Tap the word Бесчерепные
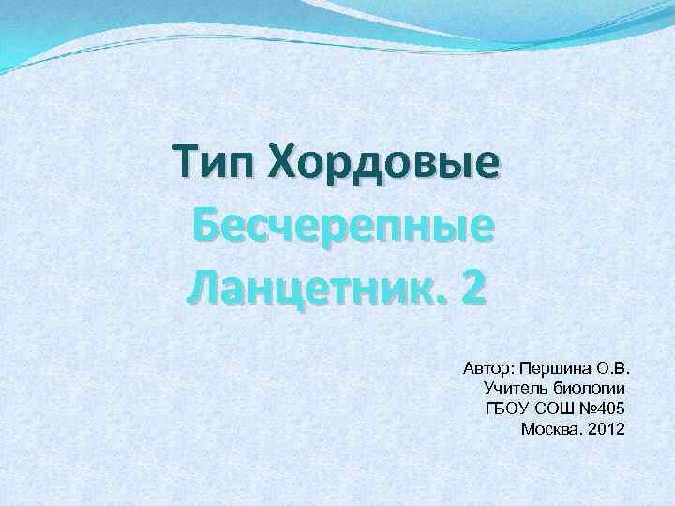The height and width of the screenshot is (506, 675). (x=343, y=227)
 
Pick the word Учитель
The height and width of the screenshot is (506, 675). (x=511, y=386)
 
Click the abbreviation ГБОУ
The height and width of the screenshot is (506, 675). (x=507, y=408)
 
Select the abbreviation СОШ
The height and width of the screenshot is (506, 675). (x=554, y=408)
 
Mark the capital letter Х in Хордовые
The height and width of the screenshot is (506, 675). (x=281, y=164)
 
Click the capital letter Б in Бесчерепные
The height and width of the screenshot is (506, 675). (x=207, y=227)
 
